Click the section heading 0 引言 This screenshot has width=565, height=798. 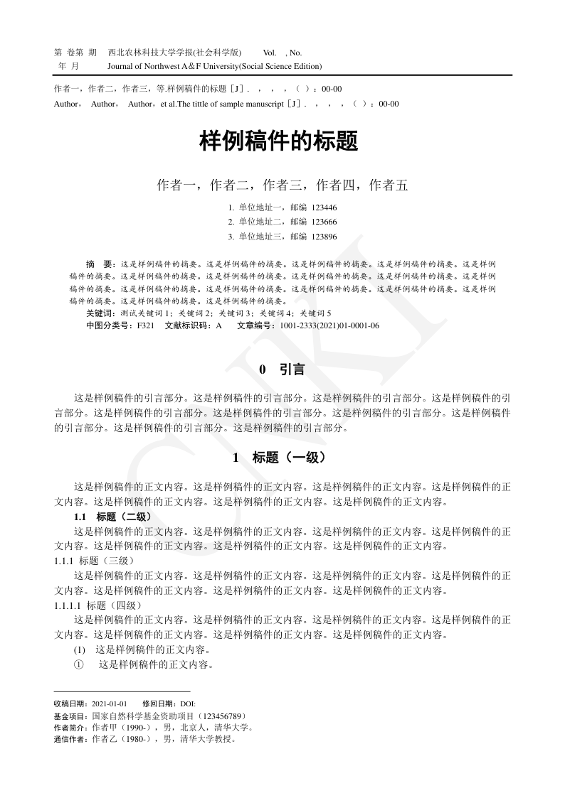(x=282, y=370)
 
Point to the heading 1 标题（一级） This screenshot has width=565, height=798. (x=282, y=458)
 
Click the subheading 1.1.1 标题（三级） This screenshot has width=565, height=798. (x=100, y=561)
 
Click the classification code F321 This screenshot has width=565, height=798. (x=145, y=325)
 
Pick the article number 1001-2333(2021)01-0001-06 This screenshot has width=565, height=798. (x=329, y=325)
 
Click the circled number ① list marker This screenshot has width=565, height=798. (x=79, y=664)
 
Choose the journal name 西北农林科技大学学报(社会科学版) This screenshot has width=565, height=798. (x=174, y=53)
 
